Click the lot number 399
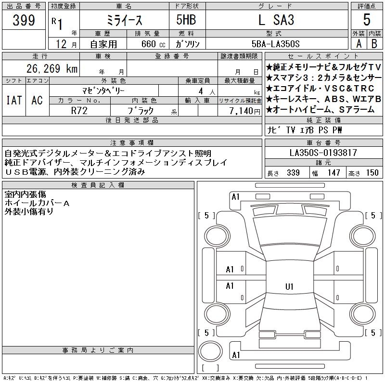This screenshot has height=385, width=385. tap(24, 20)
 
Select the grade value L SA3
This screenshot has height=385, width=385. tap(276, 20)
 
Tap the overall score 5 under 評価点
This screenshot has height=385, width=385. tap(367, 20)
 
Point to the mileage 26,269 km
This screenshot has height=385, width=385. tap(52, 68)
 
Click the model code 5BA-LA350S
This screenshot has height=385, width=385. tap(275, 44)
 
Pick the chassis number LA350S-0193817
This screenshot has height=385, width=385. tap(323, 153)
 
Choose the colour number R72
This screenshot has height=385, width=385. tap(79, 111)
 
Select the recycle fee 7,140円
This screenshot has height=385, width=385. tap(244, 111)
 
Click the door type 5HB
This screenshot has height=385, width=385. tap(186, 20)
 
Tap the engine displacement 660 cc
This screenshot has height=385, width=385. tap(153, 44)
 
